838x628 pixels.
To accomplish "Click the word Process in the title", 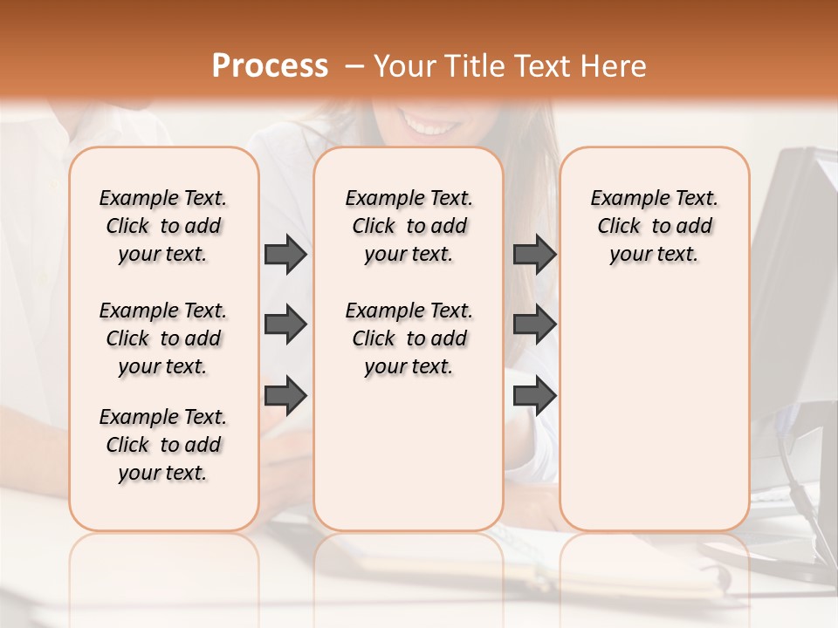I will tap(270, 66).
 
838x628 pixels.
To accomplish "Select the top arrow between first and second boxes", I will tap(285, 254).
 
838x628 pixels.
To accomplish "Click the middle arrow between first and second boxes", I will tap(285, 324).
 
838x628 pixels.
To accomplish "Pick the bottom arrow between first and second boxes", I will tap(285, 396).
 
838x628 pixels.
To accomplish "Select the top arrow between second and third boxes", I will tap(534, 254).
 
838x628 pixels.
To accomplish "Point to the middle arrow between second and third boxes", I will tap(534, 324).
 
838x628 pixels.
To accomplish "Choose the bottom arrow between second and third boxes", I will tap(534, 396).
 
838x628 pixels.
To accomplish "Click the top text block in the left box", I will tap(163, 226).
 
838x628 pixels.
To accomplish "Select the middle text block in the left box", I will tap(163, 338).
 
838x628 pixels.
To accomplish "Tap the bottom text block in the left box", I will tap(163, 445).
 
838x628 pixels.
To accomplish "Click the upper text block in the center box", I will tap(409, 226).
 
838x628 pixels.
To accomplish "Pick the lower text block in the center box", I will tap(409, 338).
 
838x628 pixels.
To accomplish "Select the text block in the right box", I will tap(654, 226).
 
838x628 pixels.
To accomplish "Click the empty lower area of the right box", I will tap(654, 419).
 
